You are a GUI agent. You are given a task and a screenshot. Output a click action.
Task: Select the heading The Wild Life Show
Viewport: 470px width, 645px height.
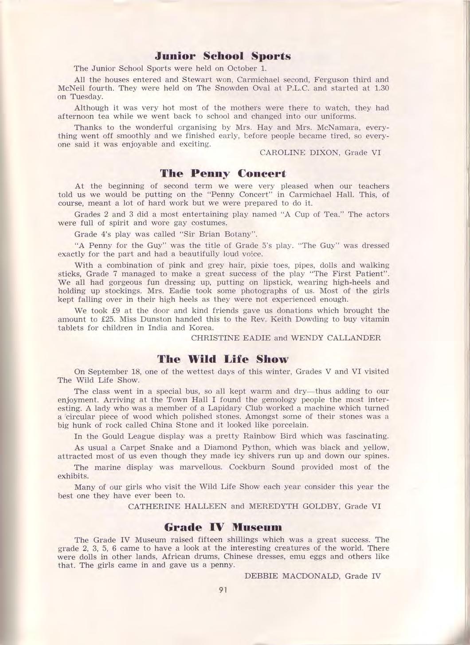pyautogui.click(x=223, y=358)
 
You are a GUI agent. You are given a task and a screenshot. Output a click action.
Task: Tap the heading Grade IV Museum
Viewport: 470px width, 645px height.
pyautogui.click(x=223, y=527)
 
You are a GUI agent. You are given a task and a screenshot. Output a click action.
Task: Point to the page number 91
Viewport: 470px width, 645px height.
pyautogui.click(x=223, y=590)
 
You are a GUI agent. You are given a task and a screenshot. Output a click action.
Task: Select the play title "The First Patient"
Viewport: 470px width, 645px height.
pyautogui.click(x=349, y=273)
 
